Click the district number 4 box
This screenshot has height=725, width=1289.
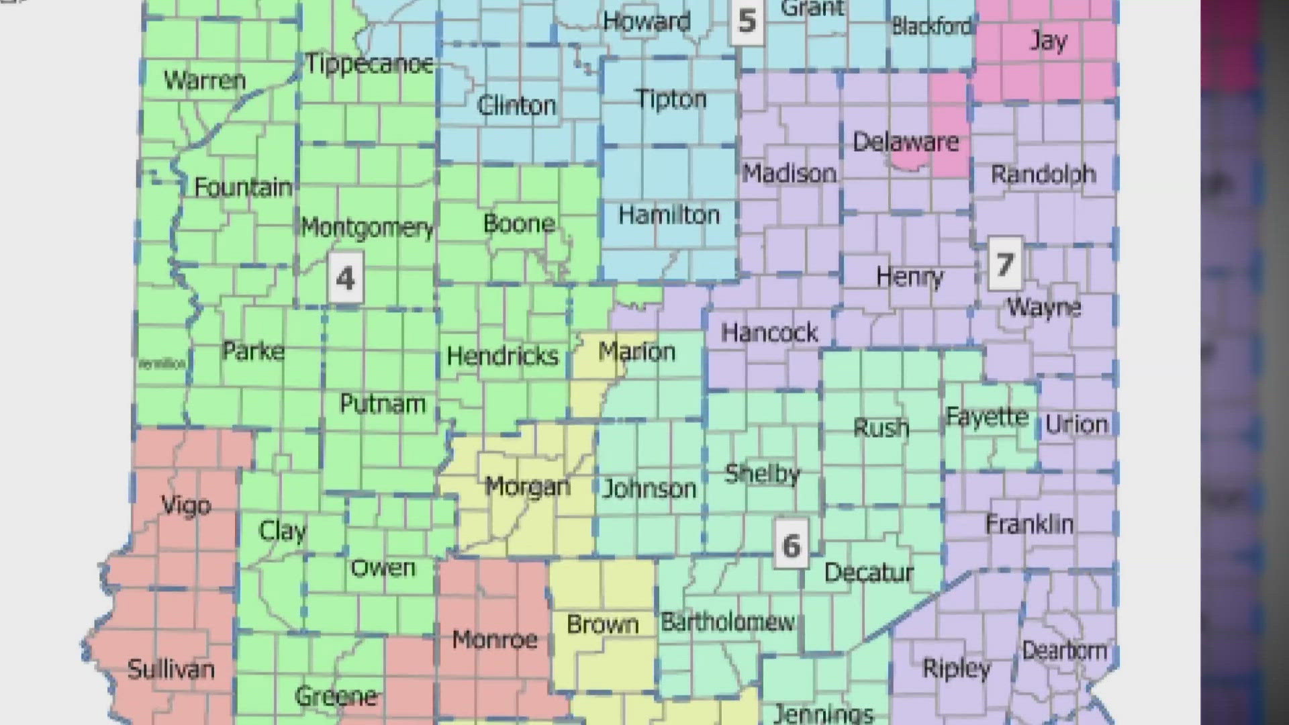click(346, 277)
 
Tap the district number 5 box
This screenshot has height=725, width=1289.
click(747, 21)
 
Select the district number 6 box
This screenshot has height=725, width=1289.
click(791, 544)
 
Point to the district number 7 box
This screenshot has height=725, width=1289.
click(1004, 263)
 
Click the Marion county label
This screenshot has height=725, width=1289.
click(636, 351)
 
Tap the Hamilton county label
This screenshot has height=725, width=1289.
click(669, 215)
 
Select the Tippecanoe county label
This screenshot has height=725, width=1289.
click(370, 64)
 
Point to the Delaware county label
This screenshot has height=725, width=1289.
click(906, 142)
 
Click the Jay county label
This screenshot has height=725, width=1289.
click(1047, 41)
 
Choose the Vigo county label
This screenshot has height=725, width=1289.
click(186, 505)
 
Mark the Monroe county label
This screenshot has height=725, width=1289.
click(495, 639)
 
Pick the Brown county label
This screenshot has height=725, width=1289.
click(602, 624)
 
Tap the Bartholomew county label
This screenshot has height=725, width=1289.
click(728, 622)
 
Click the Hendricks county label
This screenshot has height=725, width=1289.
click(502, 355)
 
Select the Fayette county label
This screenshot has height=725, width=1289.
click(987, 417)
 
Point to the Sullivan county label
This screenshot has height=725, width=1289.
click(171, 669)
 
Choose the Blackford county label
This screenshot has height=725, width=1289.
click(931, 26)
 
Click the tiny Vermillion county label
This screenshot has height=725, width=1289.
click(162, 364)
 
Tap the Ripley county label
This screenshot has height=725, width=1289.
click(956, 668)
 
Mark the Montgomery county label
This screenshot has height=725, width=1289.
click(367, 228)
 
